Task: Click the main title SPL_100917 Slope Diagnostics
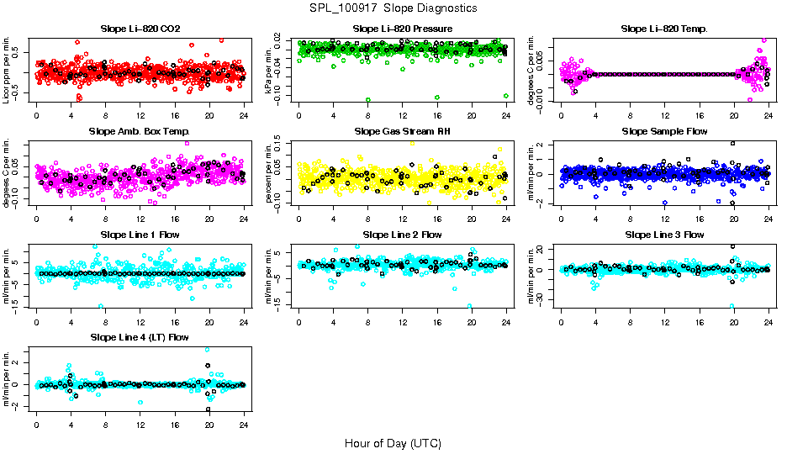pyautogui.click(x=393, y=8)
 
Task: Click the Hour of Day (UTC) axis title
pyautogui.click(x=393, y=442)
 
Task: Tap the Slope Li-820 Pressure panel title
pyautogui.click(x=401, y=29)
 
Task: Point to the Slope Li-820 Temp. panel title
pyautogui.click(x=664, y=29)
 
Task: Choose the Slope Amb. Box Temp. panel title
pyautogui.click(x=140, y=131)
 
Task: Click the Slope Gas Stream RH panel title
pyautogui.click(x=402, y=131)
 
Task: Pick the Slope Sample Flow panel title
pyautogui.click(x=664, y=131)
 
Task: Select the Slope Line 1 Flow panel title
pyautogui.click(x=140, y=235)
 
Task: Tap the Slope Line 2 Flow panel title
pyautogui.click(x=402, y=235)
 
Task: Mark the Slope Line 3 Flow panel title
pyautogui.click(x=664, y=235)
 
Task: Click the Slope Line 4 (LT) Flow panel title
pyautogui.click(x=140, y=337)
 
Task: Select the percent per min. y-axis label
pyautogui.click(x=269, y=172)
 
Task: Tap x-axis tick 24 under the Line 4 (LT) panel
pyautogui.click(x=244, y=424)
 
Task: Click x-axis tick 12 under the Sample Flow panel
pyautogui.click(x=665, y=218)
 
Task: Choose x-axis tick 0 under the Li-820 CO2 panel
pyautogui.click(x=37, y=115)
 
